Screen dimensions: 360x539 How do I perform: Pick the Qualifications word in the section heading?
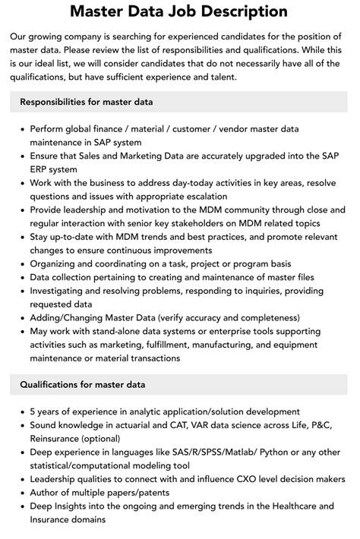coord(54,385)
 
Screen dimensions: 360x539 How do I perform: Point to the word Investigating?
coord(64,292)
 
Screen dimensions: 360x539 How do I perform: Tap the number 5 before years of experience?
coord(33,411)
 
